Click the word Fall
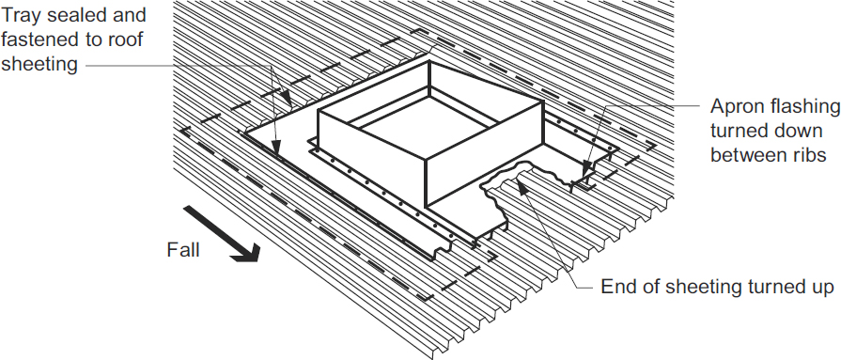click(x=183, y=250)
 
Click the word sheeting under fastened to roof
click(x=39, y=64)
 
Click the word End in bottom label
click(x=618, y=287)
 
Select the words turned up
click(x=791, y=287)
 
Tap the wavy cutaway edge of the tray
click(x=507, y=179)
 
